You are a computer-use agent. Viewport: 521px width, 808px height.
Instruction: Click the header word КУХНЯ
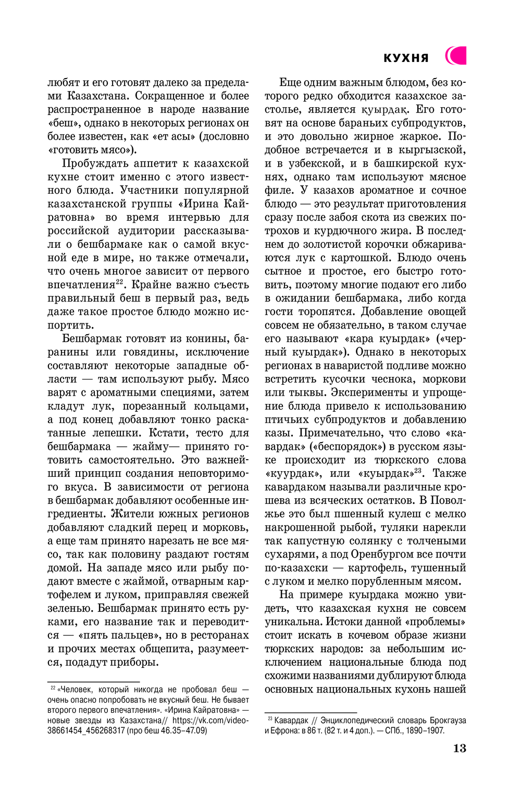406,58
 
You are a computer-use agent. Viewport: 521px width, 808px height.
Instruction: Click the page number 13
460,748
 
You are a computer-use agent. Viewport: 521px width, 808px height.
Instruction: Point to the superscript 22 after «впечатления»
119,282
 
